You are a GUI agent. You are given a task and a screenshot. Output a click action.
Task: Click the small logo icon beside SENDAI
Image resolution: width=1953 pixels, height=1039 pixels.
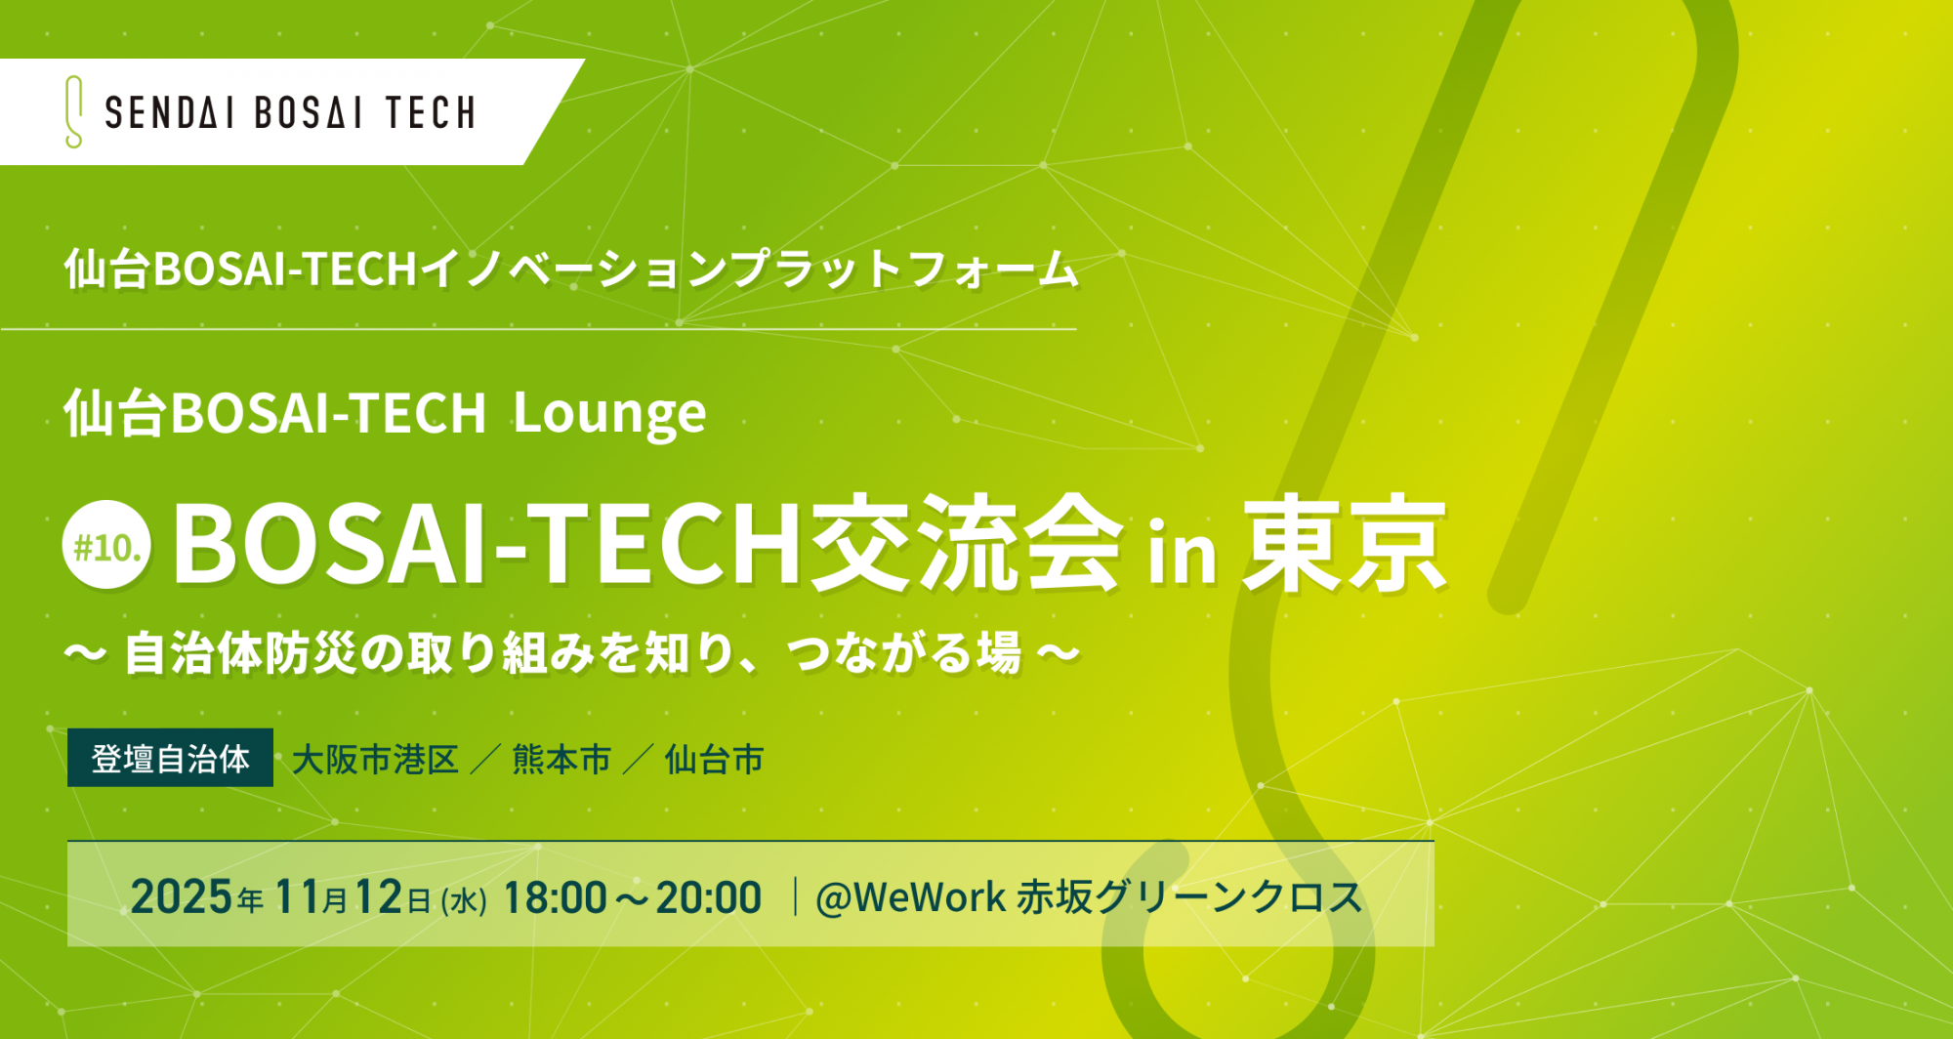[73, 112]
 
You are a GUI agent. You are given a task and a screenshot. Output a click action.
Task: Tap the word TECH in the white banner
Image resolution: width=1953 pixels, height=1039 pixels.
[431, 113]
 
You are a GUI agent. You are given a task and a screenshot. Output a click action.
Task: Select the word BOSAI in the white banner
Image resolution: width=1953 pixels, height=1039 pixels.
[309, 113]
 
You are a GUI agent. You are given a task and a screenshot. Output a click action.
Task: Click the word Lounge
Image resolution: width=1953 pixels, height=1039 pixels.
[609, 414]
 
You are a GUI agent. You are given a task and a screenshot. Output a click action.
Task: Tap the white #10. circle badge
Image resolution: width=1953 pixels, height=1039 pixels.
[107, 545]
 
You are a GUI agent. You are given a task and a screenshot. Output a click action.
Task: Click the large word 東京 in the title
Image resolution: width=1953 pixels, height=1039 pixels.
[1345, 543]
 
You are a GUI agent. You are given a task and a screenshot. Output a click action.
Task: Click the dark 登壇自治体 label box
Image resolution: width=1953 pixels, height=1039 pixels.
[170, 758]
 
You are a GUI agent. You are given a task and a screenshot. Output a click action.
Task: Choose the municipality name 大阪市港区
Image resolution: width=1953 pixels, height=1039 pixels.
[375, 760]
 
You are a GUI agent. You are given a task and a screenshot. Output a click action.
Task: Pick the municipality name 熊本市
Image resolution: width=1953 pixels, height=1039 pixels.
[561, 760]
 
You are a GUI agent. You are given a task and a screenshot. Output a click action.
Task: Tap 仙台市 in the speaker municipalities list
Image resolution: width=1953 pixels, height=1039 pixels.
[714, 760]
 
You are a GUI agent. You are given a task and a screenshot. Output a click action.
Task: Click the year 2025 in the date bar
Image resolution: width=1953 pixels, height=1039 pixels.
[182, 896]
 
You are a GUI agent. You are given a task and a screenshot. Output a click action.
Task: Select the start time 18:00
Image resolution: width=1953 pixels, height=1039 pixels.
[555, 897]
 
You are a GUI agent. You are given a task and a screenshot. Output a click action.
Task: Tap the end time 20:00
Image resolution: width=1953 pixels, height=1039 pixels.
[708, 897]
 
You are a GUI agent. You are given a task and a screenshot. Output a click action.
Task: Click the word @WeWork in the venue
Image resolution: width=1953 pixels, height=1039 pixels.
[910, 897]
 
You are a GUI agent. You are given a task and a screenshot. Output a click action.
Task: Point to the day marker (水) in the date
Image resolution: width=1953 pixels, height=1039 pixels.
[464, 899]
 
